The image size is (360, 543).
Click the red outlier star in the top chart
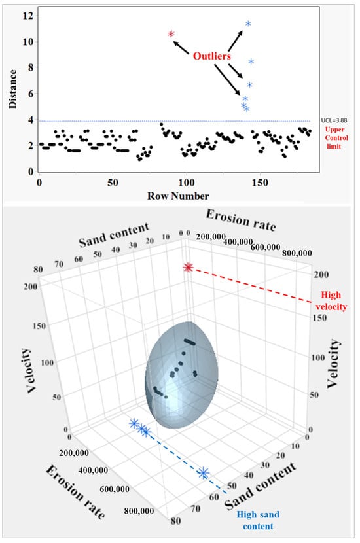[171, 34]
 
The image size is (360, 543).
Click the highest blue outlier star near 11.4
[248, 24]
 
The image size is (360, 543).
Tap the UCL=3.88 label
[338, 121]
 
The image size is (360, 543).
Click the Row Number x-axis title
[179, 196]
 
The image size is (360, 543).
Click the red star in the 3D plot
[189, 267]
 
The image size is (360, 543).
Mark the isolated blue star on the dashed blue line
[204, 472]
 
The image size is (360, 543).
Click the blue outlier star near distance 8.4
[251, 62]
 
